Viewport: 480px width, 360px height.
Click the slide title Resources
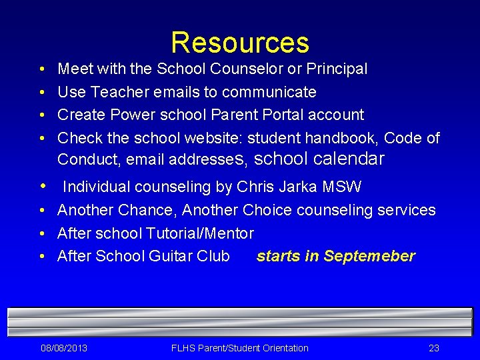point(240,43)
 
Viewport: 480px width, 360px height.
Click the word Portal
point(279,115)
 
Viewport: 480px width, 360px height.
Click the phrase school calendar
point(319,159)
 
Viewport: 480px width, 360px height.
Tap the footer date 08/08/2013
point(64,348)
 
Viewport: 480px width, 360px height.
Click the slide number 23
point(434,348)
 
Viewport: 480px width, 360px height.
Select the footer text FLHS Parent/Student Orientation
point(240,348)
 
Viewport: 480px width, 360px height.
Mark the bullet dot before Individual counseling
point(43,187)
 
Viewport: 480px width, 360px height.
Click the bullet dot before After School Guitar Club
point(42,257)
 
